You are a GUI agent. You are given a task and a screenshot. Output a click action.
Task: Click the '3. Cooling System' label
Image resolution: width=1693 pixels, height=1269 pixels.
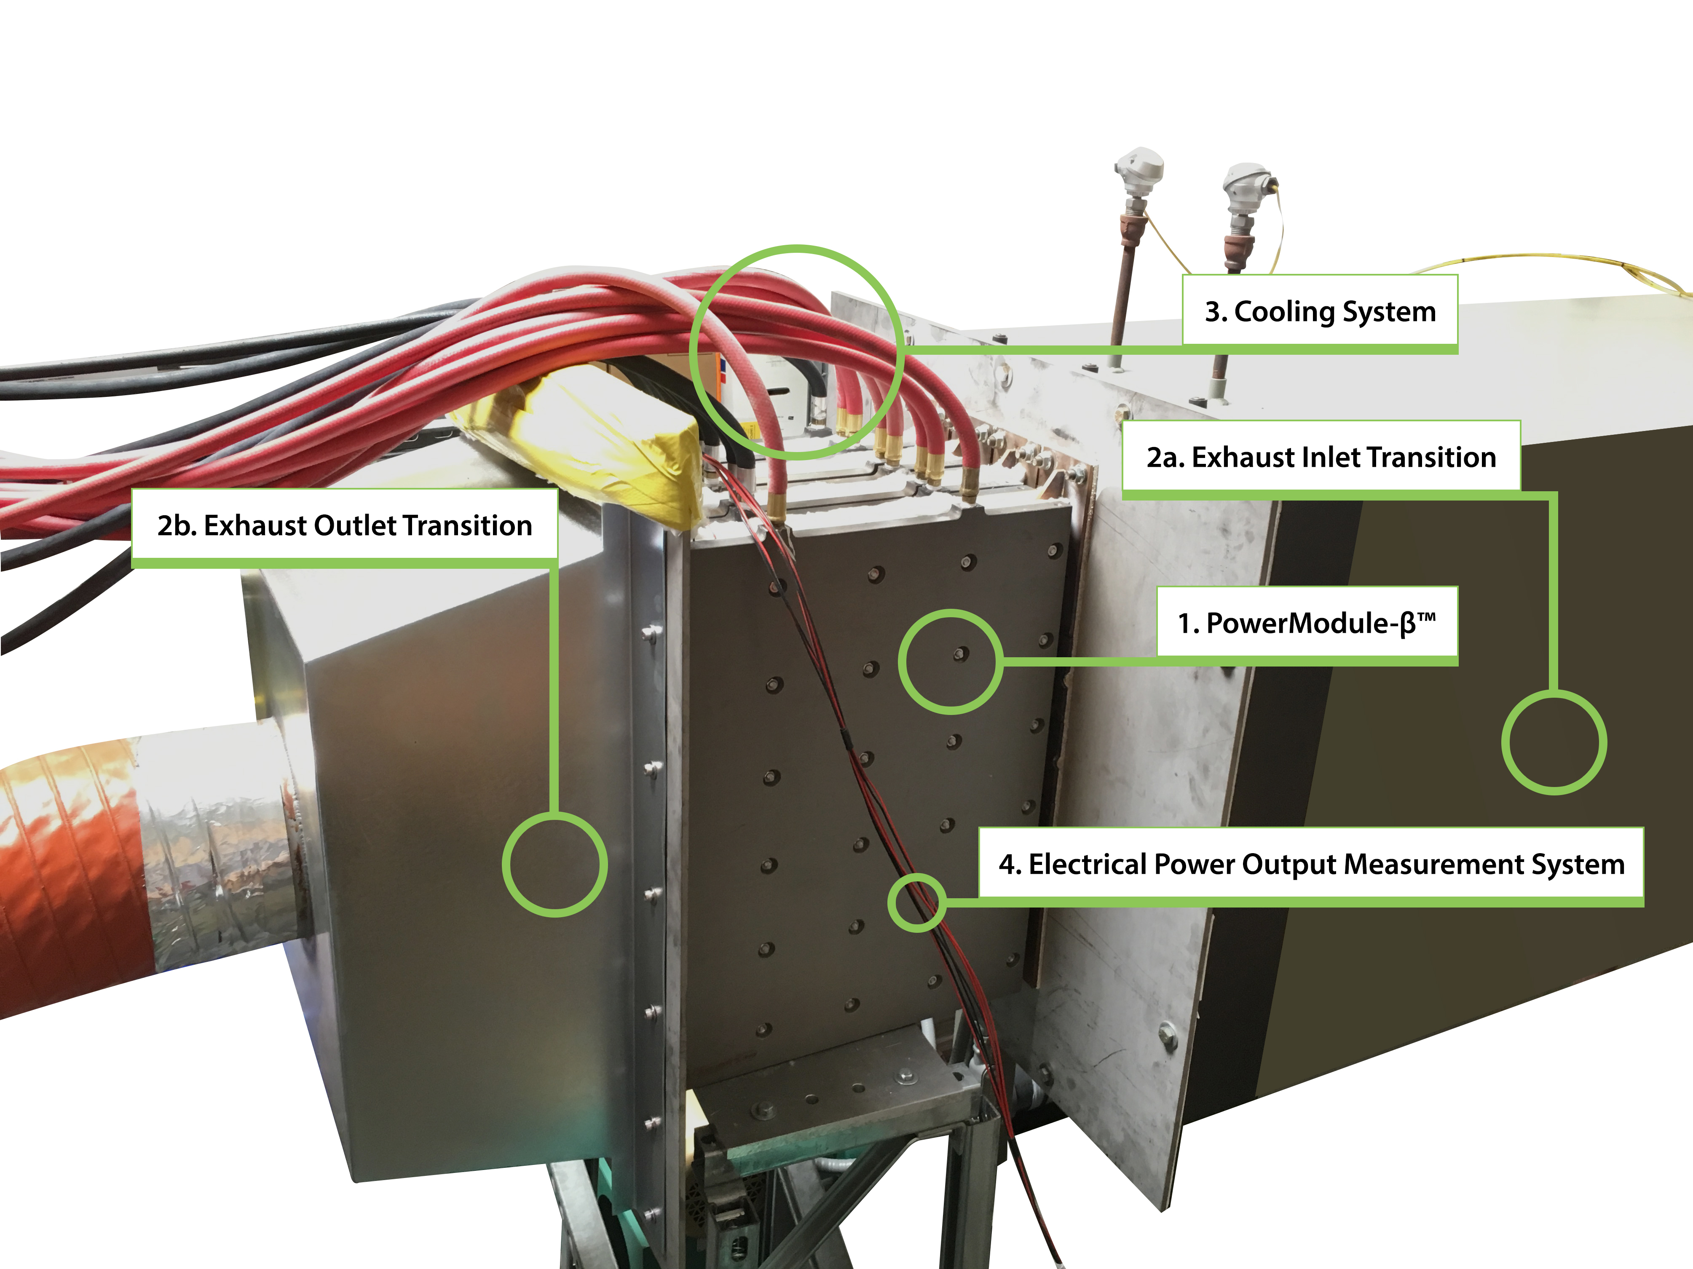tap(1320, 311)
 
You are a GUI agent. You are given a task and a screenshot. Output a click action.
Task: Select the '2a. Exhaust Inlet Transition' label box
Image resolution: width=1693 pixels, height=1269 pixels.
tap(1321, 457)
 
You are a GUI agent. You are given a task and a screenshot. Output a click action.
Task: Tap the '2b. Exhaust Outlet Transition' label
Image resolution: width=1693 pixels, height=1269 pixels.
tap(344, 526)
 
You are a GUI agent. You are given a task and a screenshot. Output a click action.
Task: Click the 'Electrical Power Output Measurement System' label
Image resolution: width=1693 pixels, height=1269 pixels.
tap(1311, 864)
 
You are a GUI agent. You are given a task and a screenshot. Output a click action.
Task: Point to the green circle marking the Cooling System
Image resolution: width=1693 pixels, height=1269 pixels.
tap(797, 353)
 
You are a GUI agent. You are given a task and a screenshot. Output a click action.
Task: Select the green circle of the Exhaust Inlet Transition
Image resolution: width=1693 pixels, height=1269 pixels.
tap(1554, 742)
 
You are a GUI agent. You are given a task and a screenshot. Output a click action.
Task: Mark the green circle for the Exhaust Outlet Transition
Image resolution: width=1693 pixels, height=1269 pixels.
tap(555, 865)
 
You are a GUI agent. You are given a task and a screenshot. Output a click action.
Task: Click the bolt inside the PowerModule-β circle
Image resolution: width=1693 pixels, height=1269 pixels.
tap(961, 653)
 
